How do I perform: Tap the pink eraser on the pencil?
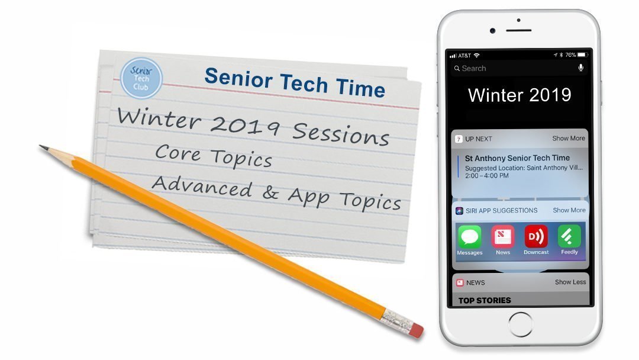(416, 329)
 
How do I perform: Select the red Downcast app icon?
(536, 237)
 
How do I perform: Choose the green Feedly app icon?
(569, 237)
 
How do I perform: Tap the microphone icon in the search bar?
(580, 68)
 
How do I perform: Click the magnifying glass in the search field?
(457, 69)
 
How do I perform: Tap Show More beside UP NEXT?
(569, 139)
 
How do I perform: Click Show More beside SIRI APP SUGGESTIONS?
(569, 210)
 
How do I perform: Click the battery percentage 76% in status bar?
(570, 55)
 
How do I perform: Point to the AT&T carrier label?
(464, 55)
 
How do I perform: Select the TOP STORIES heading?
(485, 300)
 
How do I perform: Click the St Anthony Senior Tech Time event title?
(517, 158)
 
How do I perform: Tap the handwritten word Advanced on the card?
(202, 187)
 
